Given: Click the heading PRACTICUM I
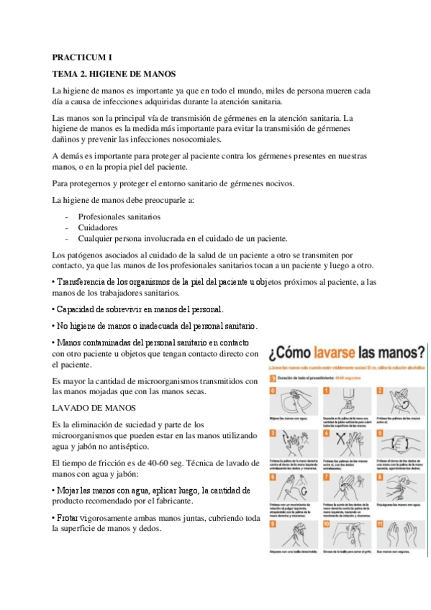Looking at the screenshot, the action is tap(82, 56).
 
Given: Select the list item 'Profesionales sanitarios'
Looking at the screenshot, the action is tap(119, 216).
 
